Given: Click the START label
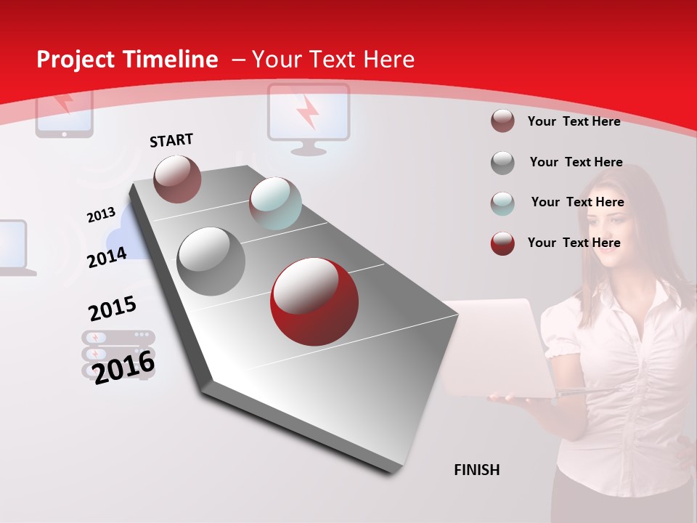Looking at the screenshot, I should click(x=171, y=140).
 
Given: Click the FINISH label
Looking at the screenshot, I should click(x=476, y=470).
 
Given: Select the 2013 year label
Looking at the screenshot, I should click(x=101, y=215).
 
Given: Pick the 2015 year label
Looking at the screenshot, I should click(x=112, y=309).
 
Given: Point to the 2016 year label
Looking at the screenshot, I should click(x=124, y=367).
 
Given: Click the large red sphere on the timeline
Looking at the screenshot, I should click(x=314, y=301).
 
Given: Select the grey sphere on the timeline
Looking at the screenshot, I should click(x=211, y=261).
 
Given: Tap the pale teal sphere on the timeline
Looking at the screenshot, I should click(x=275, y=203).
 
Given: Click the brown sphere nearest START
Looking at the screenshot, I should click(x=178, y=179).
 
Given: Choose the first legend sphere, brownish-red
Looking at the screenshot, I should click(x=502, y=121).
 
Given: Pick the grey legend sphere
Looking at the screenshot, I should click(x=502, y=163).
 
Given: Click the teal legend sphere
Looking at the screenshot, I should click(x=502, y=203).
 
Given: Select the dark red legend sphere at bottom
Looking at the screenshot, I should click(x=502, y=243).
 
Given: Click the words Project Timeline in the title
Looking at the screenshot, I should click(x=127, y=60).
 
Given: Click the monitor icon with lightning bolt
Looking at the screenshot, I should click(x=309, y=116).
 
